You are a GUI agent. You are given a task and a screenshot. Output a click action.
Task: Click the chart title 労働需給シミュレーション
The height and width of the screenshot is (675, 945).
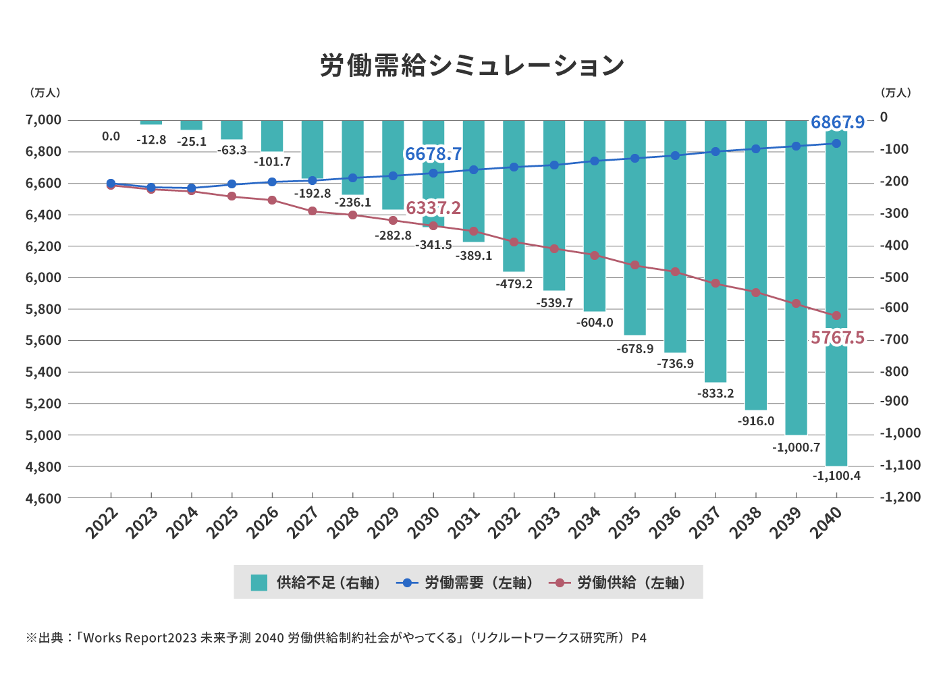coord(472,65)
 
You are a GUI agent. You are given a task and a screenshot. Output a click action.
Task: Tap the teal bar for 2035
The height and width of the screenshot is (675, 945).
coord(634,297)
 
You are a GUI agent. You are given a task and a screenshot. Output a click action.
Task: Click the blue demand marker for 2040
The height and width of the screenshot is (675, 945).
coord(836,143)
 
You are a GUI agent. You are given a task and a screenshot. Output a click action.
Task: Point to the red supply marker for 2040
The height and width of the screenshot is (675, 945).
coord(836,315)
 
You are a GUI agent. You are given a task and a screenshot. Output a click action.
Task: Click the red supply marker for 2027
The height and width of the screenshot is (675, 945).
coord(312,211)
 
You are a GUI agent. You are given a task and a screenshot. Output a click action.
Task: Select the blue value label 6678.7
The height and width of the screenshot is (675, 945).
coord(433,154)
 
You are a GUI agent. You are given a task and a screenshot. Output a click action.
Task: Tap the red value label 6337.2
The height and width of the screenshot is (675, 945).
coord(433,208)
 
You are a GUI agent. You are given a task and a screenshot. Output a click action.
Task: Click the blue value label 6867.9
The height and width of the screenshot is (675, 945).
coord(837,122)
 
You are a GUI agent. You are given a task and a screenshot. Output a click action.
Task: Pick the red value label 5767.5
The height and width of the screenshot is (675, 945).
coord(837,337)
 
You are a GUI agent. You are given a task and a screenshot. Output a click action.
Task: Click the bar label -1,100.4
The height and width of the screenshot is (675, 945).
coord(836,476)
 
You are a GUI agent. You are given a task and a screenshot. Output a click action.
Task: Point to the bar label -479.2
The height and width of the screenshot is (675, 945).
coord(514,284)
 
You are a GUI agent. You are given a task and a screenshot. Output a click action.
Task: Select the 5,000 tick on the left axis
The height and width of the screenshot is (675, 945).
coord(43,435)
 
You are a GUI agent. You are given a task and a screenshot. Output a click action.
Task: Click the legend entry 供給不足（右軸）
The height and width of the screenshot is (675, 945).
coord(316,583)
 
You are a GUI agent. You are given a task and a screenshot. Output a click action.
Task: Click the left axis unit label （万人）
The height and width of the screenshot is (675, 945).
coord(45,92)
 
